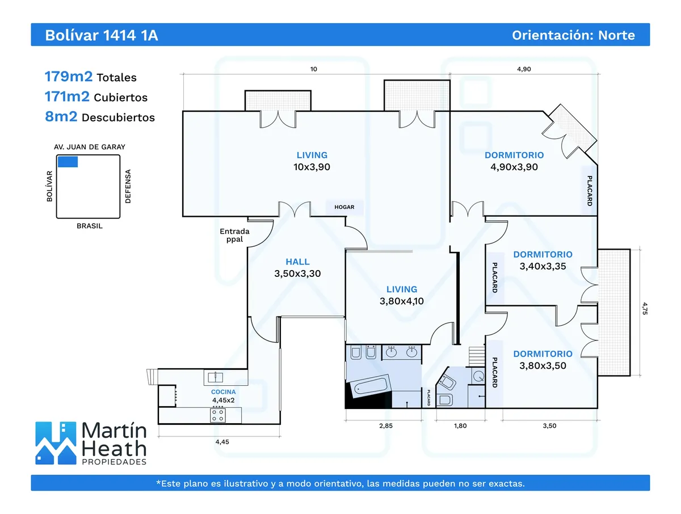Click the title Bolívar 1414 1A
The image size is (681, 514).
(x=102, y=35)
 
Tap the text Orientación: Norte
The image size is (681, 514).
(x=573, y=35)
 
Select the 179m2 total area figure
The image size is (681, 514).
(x=67, y=77)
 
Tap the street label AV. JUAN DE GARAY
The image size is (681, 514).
(x=90, y=147)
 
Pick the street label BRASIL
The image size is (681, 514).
(x=90, y=226)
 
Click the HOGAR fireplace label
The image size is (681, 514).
(x=344, y=207)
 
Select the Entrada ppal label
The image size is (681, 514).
(x=234, y=235)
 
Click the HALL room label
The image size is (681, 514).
(x=298, y=262)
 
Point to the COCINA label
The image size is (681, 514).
(x=223, y=391)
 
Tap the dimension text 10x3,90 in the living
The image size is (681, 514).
(x=312, y=167)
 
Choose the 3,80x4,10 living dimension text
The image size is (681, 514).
(x=402, y=301)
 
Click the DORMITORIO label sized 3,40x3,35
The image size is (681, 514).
(x=543, y=255)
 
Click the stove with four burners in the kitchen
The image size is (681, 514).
(x=217, y=415)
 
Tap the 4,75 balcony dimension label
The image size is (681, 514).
(x=644, y=307)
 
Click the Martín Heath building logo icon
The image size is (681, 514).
(x=56, y=443)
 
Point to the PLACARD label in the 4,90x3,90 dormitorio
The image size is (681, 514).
(x=590, y=191)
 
